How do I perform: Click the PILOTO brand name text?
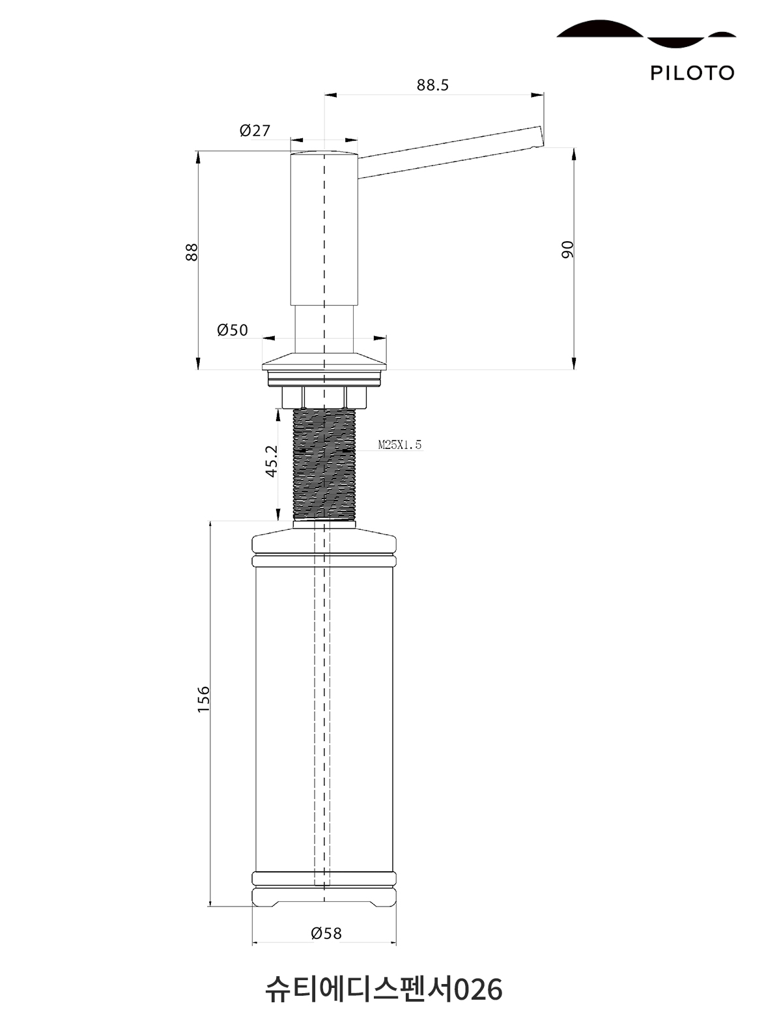pyautogui.click(x=692, y=73)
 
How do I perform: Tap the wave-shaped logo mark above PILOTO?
pyautogui.click(x=645, y=33)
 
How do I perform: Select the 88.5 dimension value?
pyautogui.click(x=432, y=85)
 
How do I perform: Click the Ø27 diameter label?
pyautogui.click(x=255, y=130)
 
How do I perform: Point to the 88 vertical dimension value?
pyautogui.click(x=191, y=252)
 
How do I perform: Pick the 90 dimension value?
pyautogui.click(x=567, y=250)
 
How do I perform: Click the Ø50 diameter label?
pyautogui.click(x=233, y=330)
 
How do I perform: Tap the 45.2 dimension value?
pyautogui.click(x=272, y=461)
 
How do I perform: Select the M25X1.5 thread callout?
pyautogui.click(x=400, y=444)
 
